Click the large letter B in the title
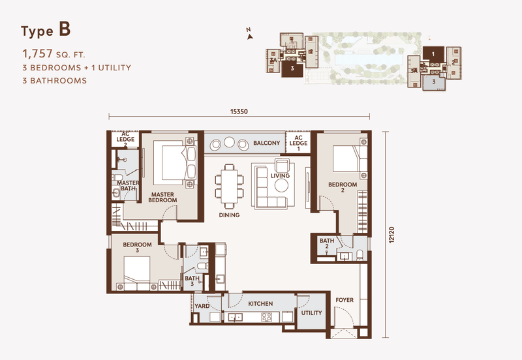click(64, 30)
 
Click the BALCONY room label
click(266, 143)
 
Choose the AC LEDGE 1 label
click(298, 143)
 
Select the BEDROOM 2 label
click(343, 185)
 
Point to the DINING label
click(229, 215)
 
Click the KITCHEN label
click(260, 304)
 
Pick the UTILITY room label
click(311, 313)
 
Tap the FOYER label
click(345, 301)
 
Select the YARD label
click(202, 305)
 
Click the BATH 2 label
click(327, 244)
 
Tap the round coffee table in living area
click(282, 186)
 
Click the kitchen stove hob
click(266, 318)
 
